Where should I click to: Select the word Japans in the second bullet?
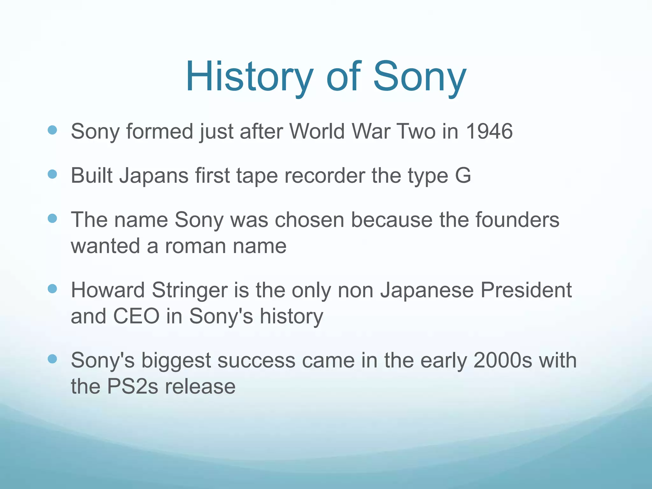point(154,176)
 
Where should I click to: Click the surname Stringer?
point(190,291)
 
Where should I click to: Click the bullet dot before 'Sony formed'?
point(52,130)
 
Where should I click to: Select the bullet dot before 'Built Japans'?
point(52,174)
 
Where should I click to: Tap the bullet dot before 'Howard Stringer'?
point(52,289)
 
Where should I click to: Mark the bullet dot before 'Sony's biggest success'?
point(52,359)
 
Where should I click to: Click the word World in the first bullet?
point(317,131)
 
